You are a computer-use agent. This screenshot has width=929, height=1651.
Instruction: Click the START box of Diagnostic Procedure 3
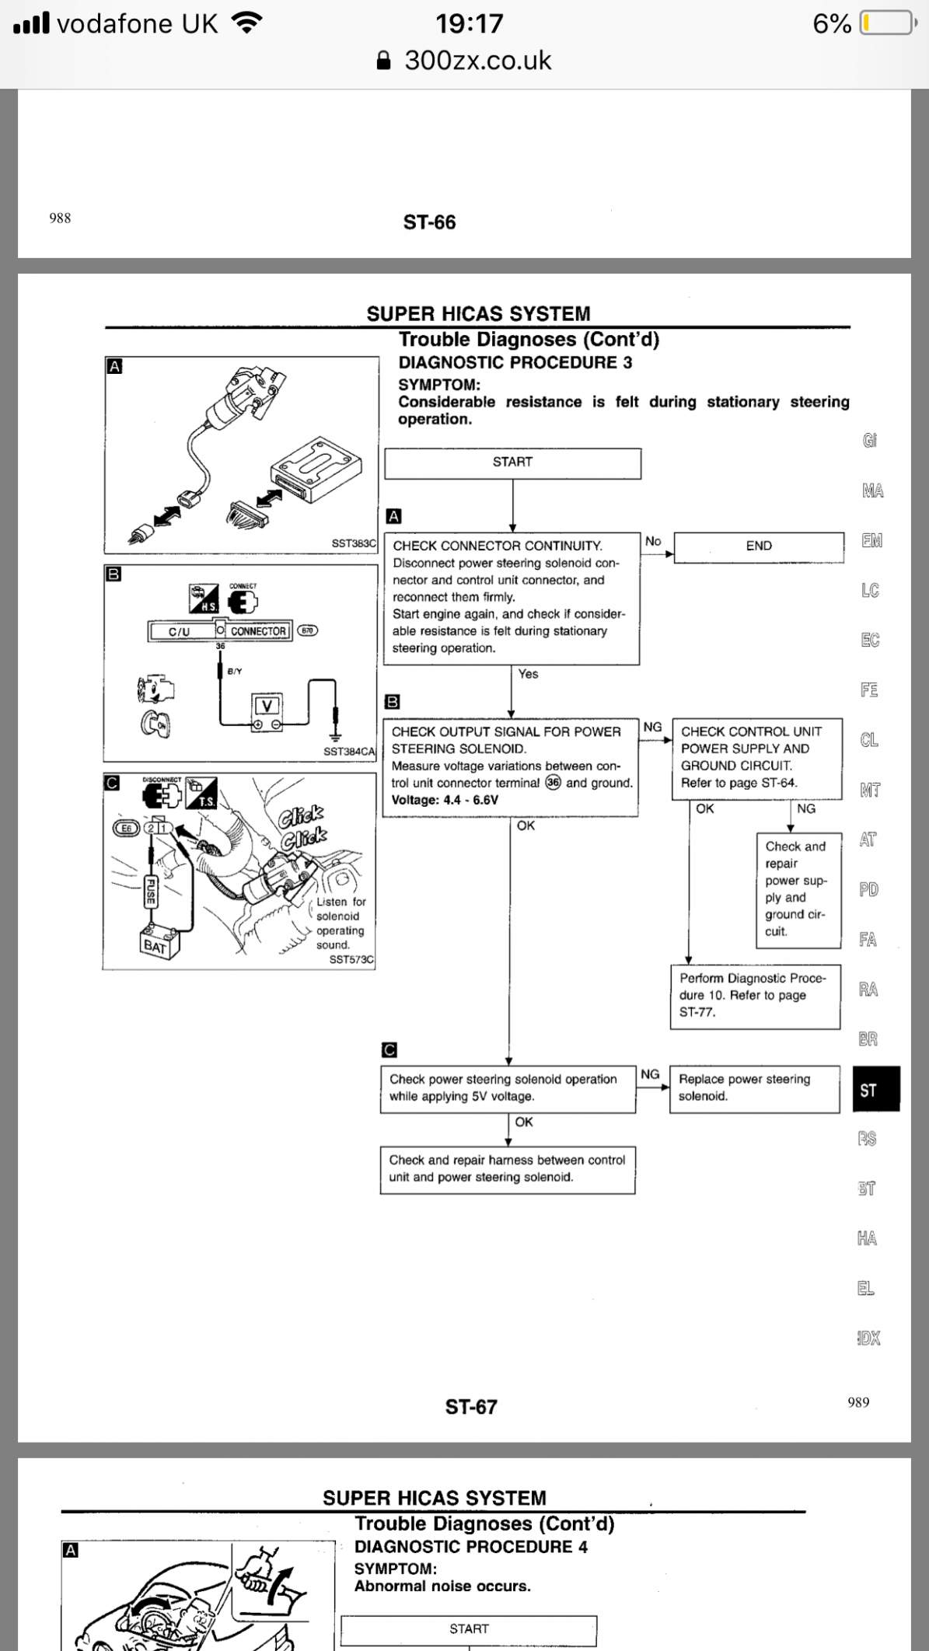click(x=512, y=462)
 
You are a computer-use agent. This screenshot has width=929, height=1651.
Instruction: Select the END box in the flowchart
click(x=758, y=546)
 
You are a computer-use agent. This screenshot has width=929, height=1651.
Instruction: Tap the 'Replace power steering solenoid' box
click(x=754, y=1088)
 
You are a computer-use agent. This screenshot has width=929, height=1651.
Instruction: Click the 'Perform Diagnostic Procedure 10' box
click(x=755, y=996)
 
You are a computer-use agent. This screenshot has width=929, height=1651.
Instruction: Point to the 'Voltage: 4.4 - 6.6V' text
click(x=445, y=801)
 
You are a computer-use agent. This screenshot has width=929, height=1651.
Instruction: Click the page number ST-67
click(x=470, y=1407)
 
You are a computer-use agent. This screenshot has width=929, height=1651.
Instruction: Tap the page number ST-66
click(x=429, y=222)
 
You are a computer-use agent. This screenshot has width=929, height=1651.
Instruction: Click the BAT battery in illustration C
click(x=158, y=944)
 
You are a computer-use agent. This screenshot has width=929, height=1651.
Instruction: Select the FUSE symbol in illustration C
click(x=151, y=892)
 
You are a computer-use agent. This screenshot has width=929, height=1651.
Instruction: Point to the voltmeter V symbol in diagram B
click(x=267, y=706)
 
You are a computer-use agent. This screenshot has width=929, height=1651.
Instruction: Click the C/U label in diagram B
click(x=180, y=631)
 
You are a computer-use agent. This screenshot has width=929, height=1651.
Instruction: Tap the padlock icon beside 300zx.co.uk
click(x=383, y=61)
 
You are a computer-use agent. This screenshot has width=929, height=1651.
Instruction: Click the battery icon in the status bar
click(x=886, y=23)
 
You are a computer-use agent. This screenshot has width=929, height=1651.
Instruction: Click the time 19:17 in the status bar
click(x=469, y=23)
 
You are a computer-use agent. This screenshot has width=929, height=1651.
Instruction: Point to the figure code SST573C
click(x=351, y=960)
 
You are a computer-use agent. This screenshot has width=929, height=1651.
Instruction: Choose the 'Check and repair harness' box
click(x=507, y=1169)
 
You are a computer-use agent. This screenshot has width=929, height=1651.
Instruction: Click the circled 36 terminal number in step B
click(x=553, y=783)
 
